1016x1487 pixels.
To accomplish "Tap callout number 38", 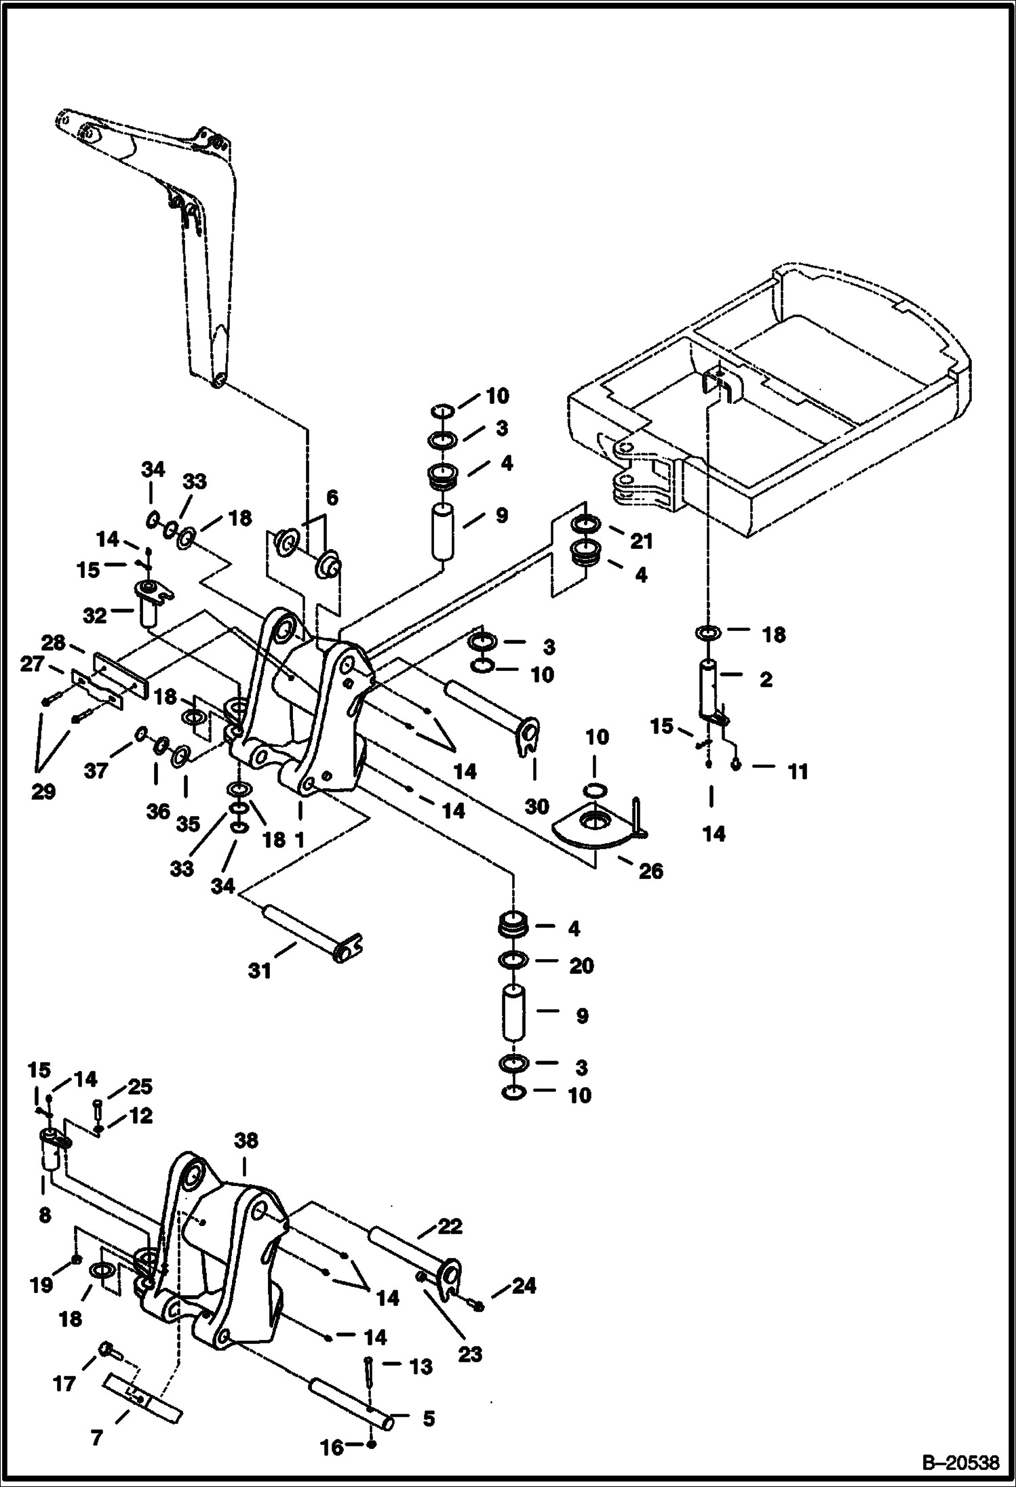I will click(x=246, y=1141).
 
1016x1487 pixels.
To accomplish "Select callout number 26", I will click(x=651, y=870).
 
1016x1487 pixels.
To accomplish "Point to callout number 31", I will click(x=260, y=971).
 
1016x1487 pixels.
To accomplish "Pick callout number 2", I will click(x=766, y=679).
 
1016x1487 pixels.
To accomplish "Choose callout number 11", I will click(x=798, y=771).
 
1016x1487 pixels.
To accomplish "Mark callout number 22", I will click(x=450, y=1225).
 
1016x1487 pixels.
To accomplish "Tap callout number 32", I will click(x=95, y=615).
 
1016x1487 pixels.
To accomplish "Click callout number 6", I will click(x=332, y=498).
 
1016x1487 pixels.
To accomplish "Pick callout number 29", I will click(x=43, y=791).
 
